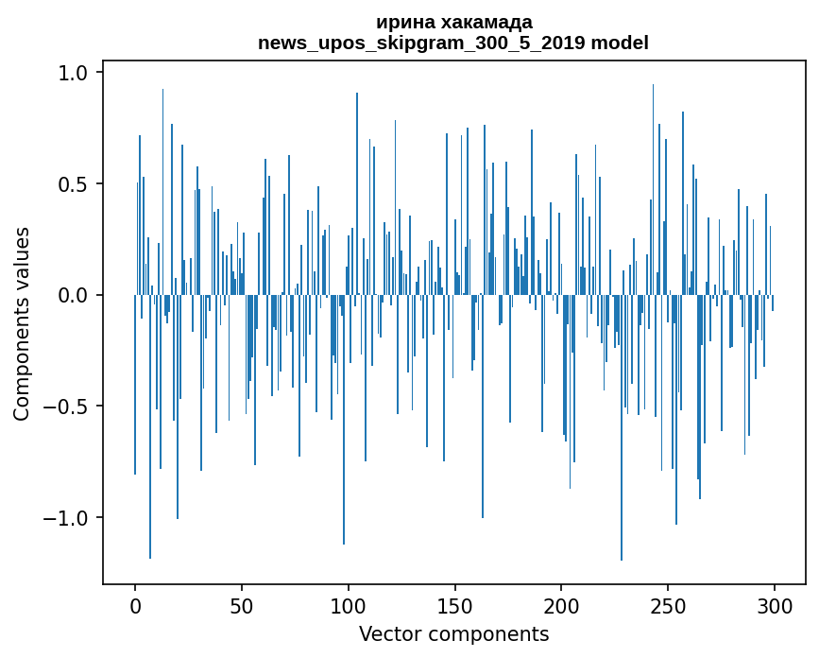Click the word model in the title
[621, 43]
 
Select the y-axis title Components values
[22, 323]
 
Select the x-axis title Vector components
[453, 633]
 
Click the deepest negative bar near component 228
[622, 473]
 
